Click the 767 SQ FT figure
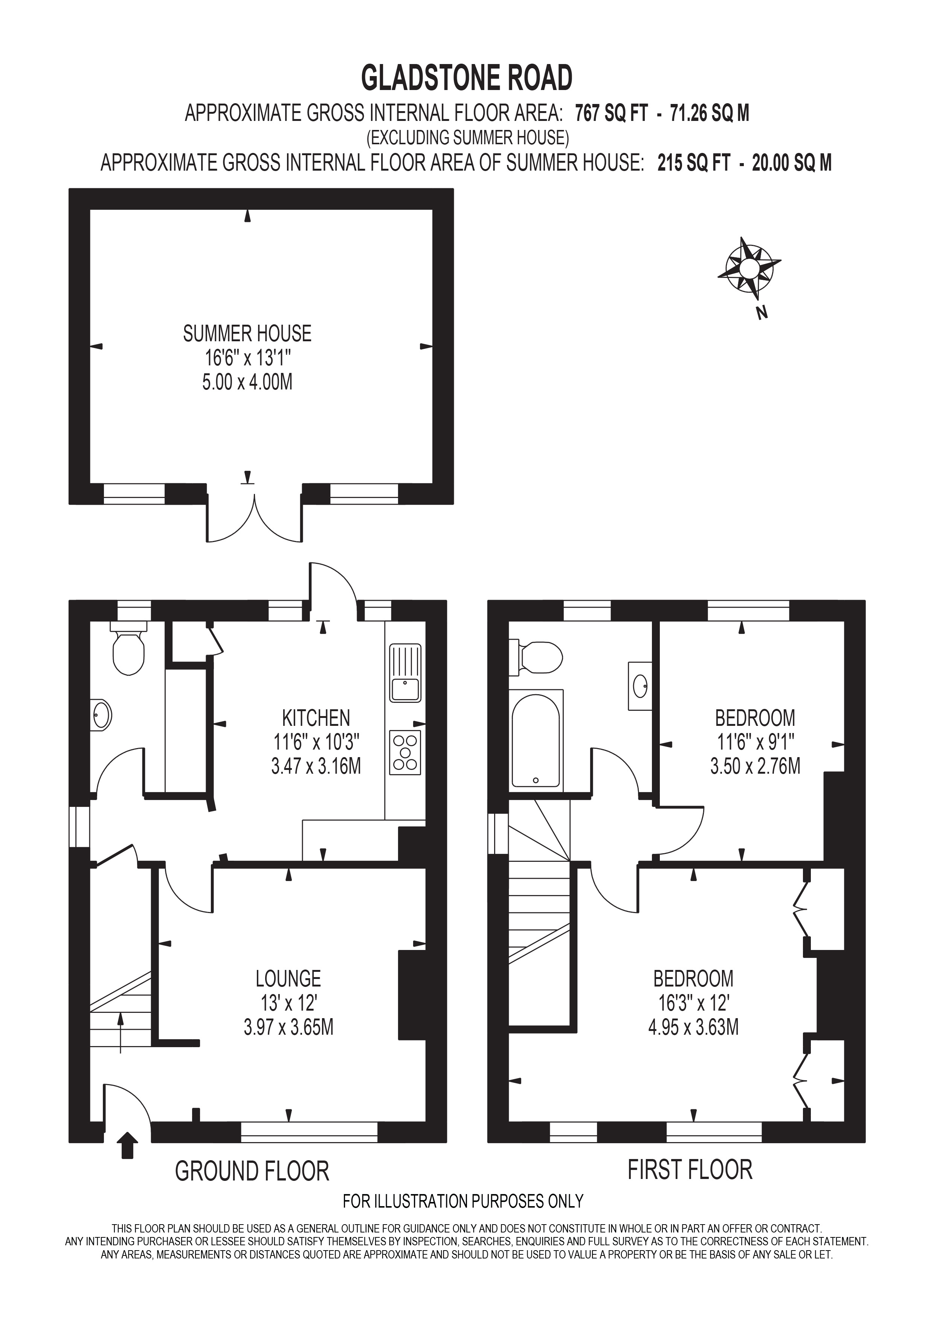611,113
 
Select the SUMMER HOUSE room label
247,334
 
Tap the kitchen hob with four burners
406,753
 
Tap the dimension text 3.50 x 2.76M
755,767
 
